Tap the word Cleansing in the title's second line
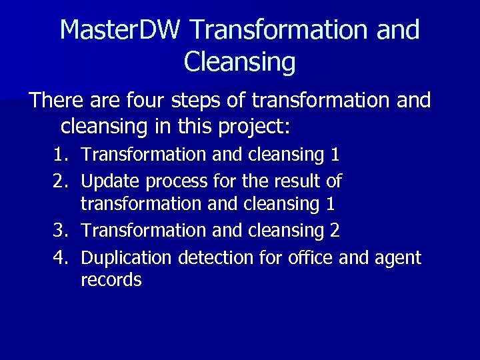(x=239, y=62)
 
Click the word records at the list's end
(x=111, y=280)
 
